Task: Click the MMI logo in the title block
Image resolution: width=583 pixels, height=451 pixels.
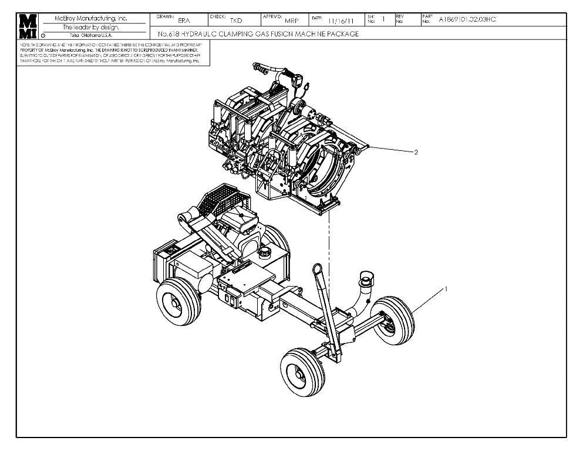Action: [28, 25]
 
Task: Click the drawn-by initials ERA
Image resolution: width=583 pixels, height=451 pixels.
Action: [184, 21]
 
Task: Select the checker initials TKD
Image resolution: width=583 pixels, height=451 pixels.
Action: [236, 21]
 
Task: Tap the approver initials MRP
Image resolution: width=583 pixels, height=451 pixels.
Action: [292, 21]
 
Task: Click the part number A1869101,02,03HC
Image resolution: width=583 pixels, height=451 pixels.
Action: [467, 19]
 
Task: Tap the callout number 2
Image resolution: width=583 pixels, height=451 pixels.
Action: [416, 152]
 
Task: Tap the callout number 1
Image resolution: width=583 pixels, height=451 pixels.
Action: [446, 289]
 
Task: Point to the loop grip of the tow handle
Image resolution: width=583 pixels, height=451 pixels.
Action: [318, 270]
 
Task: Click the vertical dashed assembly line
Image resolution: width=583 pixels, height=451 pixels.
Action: [329, 247]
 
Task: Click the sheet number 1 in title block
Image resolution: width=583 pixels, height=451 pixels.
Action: [383, 19]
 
